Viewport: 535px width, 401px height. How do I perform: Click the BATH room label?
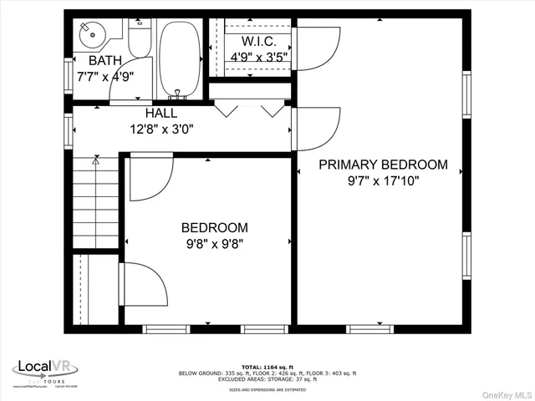click(105, 60)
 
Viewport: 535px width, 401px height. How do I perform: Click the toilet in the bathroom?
click(139, 42)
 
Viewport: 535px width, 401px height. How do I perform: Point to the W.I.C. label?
click(259, 41)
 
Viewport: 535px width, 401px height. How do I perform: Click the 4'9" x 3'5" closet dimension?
click(259, 57)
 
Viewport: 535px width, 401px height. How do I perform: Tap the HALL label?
click(160, 113)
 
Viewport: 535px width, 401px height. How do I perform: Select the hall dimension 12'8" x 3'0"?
click(160, 129)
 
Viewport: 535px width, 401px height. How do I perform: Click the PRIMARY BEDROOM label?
click(383, 165)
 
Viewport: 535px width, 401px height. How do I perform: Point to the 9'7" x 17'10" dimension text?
click(383, 180)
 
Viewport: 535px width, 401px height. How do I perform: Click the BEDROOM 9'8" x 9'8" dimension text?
click(215, 244)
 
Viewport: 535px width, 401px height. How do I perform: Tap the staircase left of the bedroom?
click(94, 205)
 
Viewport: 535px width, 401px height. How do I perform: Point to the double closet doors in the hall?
click(248, 109)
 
